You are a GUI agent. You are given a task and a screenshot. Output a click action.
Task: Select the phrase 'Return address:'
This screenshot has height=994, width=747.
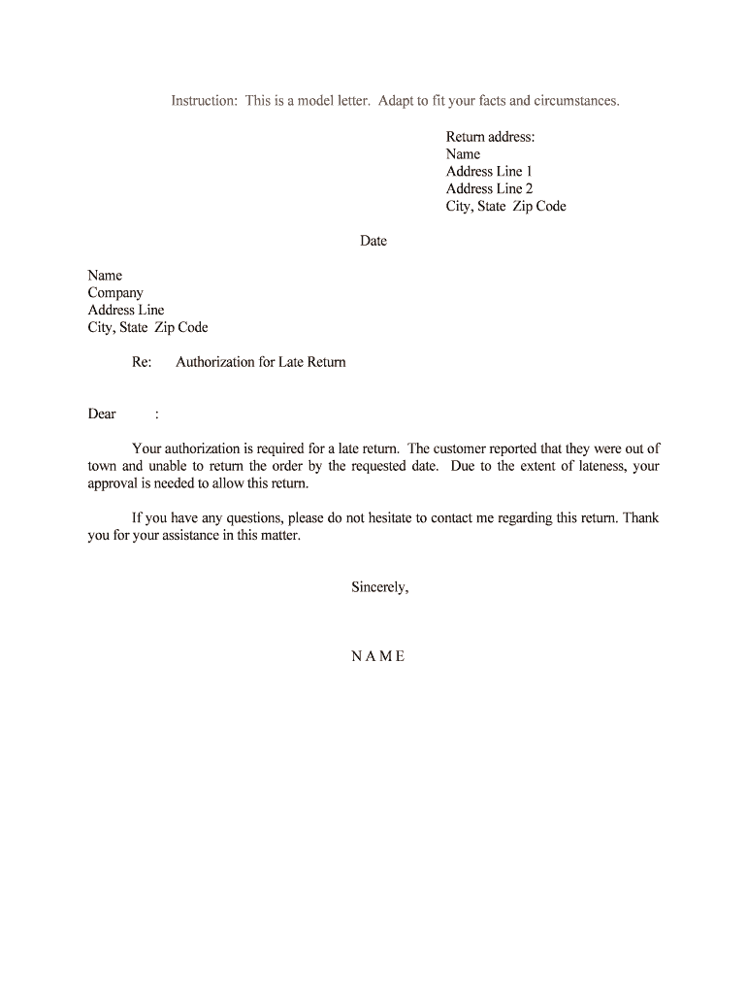pyautogui.click(x=490, y=137)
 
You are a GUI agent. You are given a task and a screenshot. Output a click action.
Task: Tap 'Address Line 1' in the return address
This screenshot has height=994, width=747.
pyautogui.click(x=489, y=172)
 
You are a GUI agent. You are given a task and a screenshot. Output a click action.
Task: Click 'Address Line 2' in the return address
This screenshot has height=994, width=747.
pyautogui.click(x=489, y=189)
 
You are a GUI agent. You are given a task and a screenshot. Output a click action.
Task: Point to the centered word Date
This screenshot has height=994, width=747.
pyautogui.click(x=373, y=242)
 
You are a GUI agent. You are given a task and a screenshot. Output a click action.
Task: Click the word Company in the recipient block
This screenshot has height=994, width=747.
pyautogui.click(x=115, y=293)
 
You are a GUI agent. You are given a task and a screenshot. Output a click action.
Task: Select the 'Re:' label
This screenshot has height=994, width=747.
pyautogui.click(x=142, y=363)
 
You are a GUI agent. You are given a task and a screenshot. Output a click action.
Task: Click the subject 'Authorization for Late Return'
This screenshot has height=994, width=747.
pyautogui.click(x=260, y=363)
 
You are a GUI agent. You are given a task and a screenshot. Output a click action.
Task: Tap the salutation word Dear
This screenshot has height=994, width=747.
pyautogui.click(x=102, y=414)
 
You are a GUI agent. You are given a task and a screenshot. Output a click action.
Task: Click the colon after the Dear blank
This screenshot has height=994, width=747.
pyautogui.click(x=157, y=414)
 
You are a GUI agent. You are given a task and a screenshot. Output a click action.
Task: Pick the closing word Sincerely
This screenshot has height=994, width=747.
pyautogui.click(x=379, y=587)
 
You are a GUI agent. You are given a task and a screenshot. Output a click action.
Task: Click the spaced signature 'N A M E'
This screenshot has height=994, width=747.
pyautogui.click(x=378, y=656)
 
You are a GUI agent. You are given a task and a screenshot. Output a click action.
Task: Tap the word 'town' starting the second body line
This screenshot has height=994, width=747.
pyautogui.click(x=102, y=467)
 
